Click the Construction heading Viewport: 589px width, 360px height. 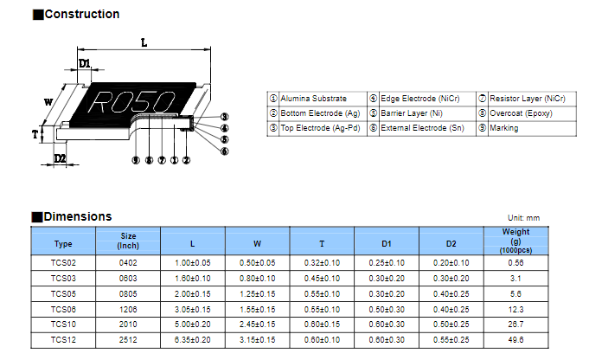pos(82,15)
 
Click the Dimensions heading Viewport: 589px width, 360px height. pos(78,217)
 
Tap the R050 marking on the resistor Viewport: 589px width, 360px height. pos(131,101)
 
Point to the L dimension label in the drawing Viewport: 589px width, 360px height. pos(144,43)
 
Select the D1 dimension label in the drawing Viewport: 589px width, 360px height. pos(85,63)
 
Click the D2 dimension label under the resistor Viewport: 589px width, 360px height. pos(60,158)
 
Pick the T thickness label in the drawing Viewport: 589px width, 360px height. pos(35,134)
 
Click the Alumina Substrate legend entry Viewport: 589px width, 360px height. pos(314,99)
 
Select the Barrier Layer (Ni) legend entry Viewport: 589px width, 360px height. pos(412,113)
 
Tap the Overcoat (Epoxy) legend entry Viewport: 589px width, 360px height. pos(521,113)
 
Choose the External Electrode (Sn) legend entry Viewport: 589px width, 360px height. pos(423,128)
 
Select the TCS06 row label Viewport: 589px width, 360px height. pos(63,310)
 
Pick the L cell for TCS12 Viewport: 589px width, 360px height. pos(192,340)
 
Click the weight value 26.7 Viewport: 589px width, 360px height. pos(515,325)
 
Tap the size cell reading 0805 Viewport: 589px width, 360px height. pos(128,294)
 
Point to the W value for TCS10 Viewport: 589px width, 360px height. pos(258,325)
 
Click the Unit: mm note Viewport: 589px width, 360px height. pos(523,218)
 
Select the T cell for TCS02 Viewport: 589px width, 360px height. pos(322,263)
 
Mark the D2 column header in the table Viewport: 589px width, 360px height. pos(451,244)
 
